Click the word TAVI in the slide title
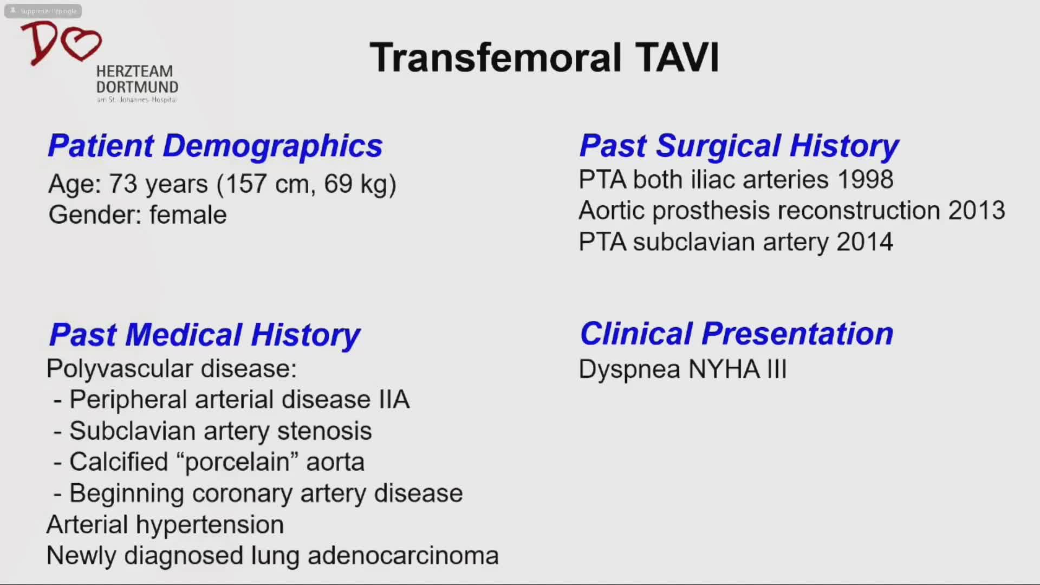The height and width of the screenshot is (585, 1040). coord(677,57)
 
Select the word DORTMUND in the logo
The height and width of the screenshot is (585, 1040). coord(137,87)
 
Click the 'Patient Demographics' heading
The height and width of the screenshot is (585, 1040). coord(215,146)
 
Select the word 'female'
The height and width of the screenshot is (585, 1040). coord(188,214)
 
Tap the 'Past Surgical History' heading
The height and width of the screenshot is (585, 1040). coord(739,146)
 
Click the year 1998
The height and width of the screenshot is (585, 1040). coord(865,179)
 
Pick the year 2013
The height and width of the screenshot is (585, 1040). coord(977,210)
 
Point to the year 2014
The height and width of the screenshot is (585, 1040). coord(864,242)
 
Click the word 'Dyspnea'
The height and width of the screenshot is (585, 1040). coord(629,370)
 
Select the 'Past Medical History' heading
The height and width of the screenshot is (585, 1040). coord(205,335)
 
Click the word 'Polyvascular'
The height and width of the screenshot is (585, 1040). coord(120,369)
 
